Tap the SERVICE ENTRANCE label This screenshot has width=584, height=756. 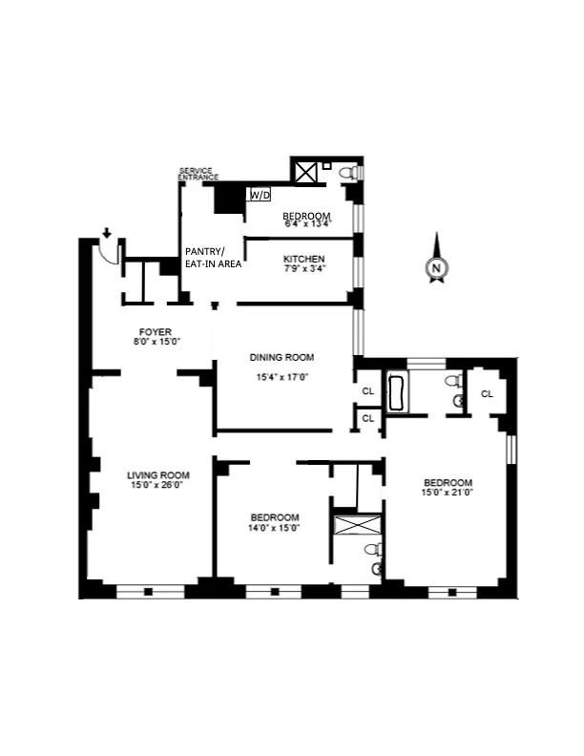click(198, 174)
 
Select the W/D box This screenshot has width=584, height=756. click(259, 195)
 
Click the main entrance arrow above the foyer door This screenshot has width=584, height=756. click(107, 232)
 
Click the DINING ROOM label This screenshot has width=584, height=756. click(282, 358)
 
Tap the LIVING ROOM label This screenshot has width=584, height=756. click(158, 474)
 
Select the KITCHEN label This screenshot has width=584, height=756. click(304, 260)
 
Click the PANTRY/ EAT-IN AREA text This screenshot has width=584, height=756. click(212, 258)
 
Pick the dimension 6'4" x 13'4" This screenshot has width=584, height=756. click(306, 225)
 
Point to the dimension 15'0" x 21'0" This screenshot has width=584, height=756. click(447, 493)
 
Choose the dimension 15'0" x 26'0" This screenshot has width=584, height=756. click(158, 486)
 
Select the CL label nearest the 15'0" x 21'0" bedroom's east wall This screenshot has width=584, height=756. click(487, 393)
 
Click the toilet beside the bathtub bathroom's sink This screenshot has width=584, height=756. click(455, 381)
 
